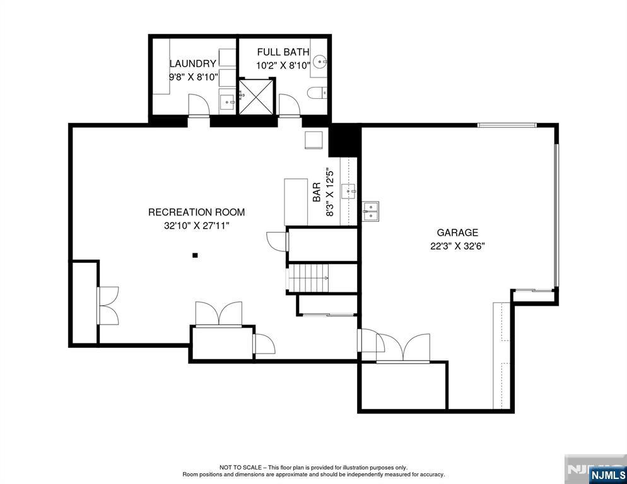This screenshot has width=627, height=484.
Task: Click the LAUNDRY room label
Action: pyautogui.click(x=193, y=64)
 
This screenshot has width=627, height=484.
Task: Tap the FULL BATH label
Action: pyautogui.click(x=283, y=52)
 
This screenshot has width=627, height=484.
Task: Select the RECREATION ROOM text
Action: pyautogui.click(x=196, y=212)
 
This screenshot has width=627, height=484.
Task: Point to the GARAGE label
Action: pyautogui.click(x=457, y=233)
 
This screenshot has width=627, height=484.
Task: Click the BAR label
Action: pyautogui.click(x=317, y=192)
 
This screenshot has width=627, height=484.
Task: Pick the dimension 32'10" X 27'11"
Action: pyautogui.click(x=196, y=226)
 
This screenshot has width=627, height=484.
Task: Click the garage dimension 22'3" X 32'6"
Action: pyautogui.click(x=457, y=246)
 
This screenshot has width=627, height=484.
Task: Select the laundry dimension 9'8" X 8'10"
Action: pyautogui.click(x=193, y=77)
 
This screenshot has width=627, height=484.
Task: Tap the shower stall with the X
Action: pyautogui.click(x=256, y=96)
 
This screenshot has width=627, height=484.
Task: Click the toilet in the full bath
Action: pyautogui.click(x=317, y=93)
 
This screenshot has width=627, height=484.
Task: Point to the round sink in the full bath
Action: pyautogui.click(x=320, y=62)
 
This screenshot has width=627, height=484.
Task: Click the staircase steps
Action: pyautogui.click(x=308, y=278)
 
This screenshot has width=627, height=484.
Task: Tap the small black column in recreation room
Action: pyautogui.click(x=195, y=255)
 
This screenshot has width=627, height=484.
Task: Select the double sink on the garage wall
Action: pyautogui.click(x=371, y=210)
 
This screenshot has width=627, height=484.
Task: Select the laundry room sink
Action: pyautogui.click(x=227, y=102)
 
